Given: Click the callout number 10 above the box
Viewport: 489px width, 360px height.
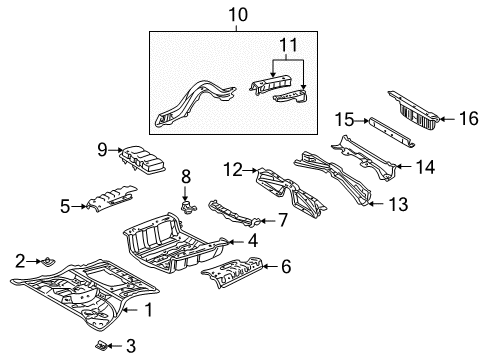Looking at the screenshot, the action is (x=238, y=15).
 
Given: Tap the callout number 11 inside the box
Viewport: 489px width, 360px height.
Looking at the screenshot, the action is (x=288, y=45).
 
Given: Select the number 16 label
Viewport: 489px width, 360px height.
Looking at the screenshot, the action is (x=468, y=118).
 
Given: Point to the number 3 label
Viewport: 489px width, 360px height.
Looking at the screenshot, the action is (x=131, y=346).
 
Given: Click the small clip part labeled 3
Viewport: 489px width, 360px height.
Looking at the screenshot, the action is (x=101, y=346).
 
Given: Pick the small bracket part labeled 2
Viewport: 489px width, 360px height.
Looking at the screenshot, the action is (x=49, y=262).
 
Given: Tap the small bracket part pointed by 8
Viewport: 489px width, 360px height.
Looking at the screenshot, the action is (x=188, y=207).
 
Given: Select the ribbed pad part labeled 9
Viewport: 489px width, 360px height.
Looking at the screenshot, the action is (x=142, y=160).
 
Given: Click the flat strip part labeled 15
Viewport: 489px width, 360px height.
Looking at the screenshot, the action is (x=391, y=132).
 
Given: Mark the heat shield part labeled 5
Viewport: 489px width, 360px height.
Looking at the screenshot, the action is (x=111, y=199).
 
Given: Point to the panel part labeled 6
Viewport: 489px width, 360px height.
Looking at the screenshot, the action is (x=232, y=272).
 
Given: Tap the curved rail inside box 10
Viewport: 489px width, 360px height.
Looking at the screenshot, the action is (x=195, y=103).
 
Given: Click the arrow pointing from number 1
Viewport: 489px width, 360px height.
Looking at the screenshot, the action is (x=130, y=310).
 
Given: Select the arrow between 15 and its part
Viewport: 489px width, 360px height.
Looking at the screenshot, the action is (x=361, y=121).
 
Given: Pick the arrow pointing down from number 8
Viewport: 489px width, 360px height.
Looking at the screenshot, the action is (x=186, y=194).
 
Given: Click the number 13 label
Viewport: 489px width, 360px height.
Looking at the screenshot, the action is (x=398, y=204).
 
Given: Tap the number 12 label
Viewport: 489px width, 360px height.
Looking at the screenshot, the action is (x=232, y=170).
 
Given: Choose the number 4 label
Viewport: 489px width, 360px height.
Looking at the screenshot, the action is (x=253, y=241).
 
